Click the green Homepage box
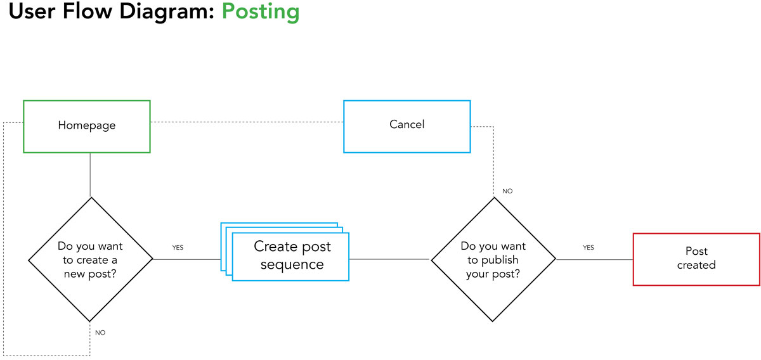87,126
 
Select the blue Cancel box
407,126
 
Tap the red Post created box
696,259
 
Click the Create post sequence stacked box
285,252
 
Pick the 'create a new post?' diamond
90,259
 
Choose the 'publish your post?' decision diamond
493,259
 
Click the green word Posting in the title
261,12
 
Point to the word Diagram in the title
167,12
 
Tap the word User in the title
32,11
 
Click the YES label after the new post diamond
178,248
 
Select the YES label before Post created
589,248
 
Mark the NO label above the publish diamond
507,191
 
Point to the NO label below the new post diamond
100,333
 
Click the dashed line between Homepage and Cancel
247,122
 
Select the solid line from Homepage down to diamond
90,175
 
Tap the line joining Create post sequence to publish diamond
389,259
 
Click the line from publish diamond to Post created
595,259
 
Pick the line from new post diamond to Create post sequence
187,259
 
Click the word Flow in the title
88,11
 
